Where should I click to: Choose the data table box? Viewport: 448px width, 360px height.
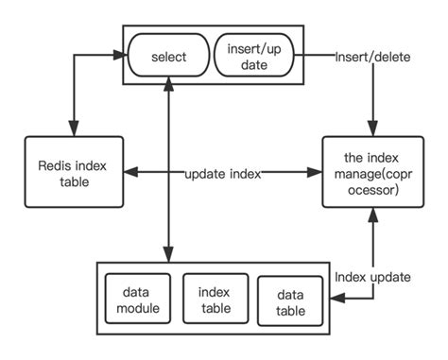point(287,300)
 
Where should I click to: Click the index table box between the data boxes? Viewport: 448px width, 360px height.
point(214,298)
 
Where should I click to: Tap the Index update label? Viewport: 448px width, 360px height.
point(373,277)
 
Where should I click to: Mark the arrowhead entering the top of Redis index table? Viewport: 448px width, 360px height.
point(74,130)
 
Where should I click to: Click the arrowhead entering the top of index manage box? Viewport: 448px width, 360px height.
point(370,131)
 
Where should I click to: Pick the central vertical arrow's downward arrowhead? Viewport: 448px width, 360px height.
point(167,255)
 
